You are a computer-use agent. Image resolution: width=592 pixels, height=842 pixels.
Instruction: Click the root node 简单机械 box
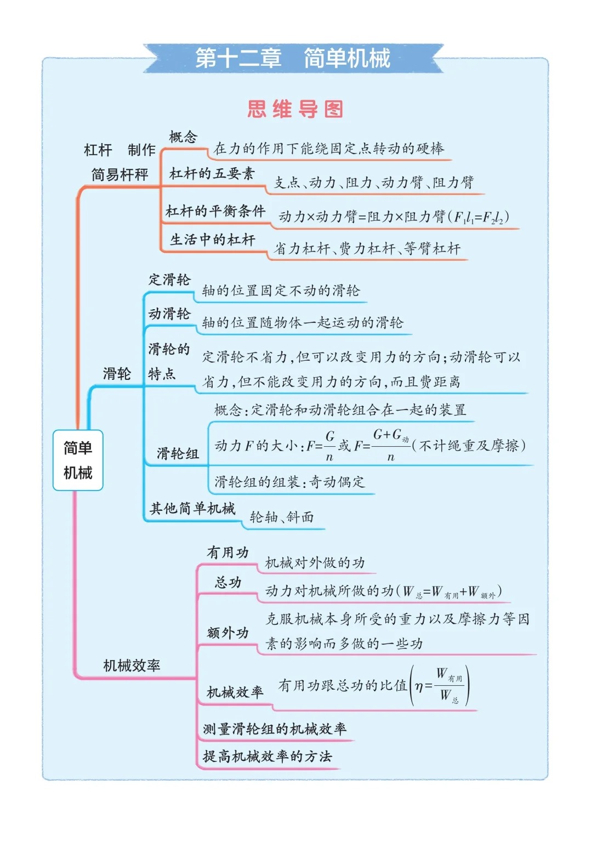pos(77,460)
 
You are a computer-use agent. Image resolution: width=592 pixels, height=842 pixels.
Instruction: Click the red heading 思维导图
pos(295,109)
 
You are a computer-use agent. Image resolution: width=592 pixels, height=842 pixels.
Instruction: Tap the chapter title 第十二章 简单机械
pos(293,58)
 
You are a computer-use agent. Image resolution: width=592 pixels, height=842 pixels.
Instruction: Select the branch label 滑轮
pos(117,374)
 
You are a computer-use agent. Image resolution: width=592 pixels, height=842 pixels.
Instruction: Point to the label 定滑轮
pos(169,280)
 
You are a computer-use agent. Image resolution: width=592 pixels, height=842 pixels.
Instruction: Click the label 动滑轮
pos(169,314)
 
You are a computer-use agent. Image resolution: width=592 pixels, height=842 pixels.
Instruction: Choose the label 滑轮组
pos(178,453)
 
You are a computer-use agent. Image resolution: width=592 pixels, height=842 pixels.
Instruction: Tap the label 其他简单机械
pos(192,509)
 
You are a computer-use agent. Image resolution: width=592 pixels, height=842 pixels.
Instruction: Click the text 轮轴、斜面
pos(282,517)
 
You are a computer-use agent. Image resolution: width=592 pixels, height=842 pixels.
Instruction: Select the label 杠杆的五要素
pos(212,174)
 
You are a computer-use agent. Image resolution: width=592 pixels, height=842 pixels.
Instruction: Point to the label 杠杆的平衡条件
pos(215,211)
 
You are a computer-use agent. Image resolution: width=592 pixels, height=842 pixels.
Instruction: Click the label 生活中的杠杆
pos(212,240)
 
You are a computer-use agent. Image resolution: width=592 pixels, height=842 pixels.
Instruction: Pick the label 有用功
pos(227,552)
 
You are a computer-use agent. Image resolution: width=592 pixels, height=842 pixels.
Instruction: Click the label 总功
pos(228,582)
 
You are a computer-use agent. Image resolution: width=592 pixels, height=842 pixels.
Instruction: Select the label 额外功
pos(227,633)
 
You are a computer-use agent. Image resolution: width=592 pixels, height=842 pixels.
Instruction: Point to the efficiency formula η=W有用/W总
pos(440,686)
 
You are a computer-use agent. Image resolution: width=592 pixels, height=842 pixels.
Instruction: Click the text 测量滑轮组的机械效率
pos(275,729)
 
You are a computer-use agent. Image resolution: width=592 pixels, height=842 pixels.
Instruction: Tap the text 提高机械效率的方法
pos(267,756)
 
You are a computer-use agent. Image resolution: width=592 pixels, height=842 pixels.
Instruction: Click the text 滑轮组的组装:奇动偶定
pos(289,482)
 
